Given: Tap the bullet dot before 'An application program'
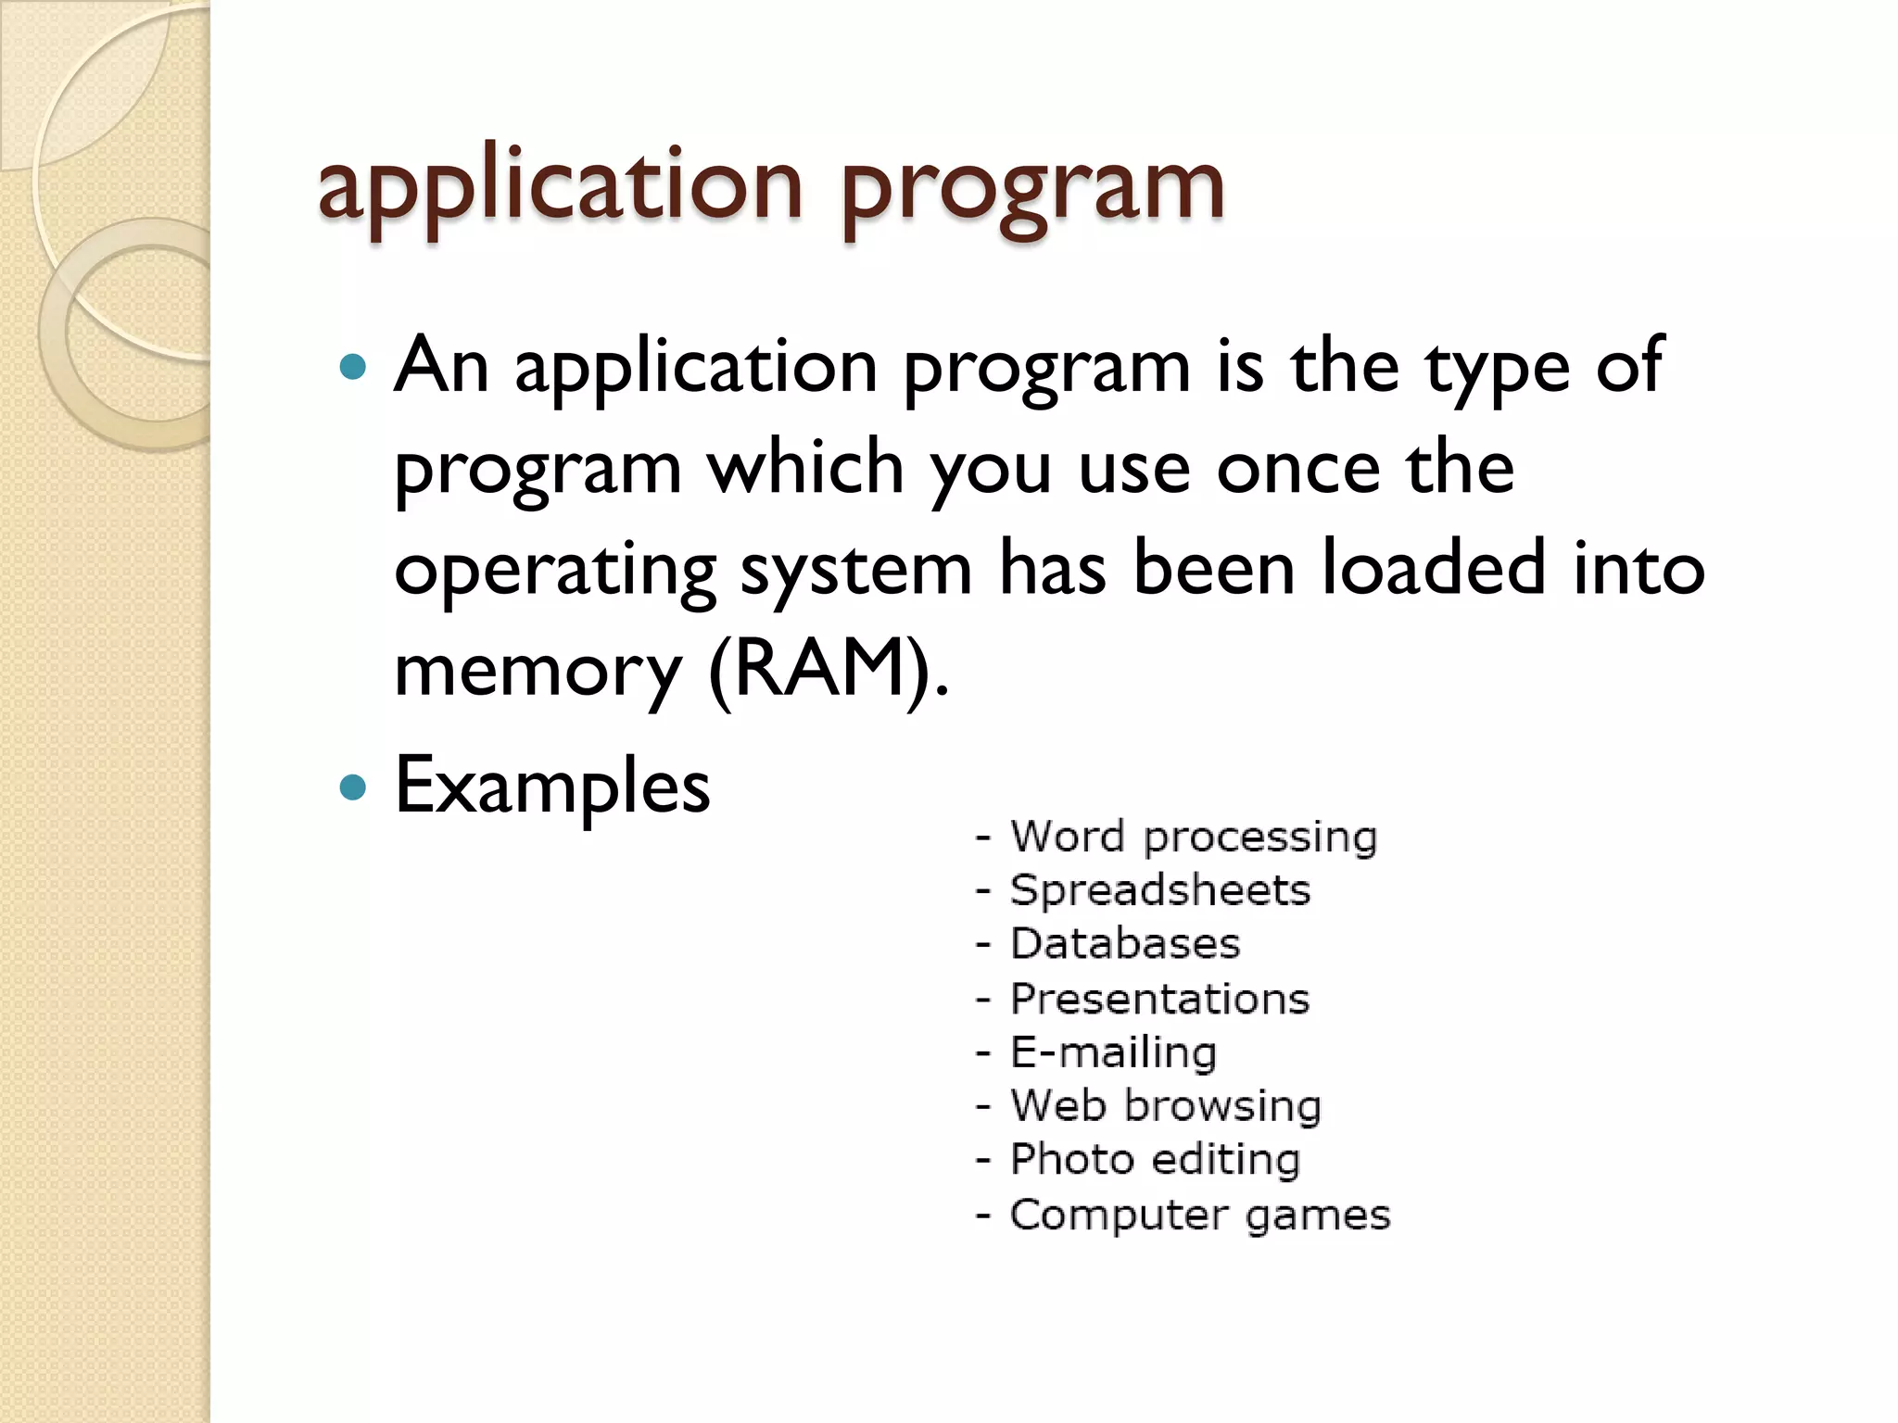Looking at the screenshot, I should pyautogui.click(x=353, y=368).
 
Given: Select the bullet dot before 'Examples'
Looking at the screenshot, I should pyautogui.click(x=353, y=787).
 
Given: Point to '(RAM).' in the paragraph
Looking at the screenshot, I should pyautogui.click(x=829, y=669).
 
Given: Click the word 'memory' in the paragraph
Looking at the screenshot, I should pyautogui.click(x=538, y=669).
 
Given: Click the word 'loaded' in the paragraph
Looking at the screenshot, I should pyautogui.click(x=1433, y=568).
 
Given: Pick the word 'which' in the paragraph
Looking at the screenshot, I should pyautogui.click(x=805, y=468).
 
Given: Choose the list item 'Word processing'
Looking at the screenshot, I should pyautogui.click(x=1193, y=837).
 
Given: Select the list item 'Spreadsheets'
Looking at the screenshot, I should pyautogui.click(x=1159, y=890).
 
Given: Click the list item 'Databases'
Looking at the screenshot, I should pyautogui.click(x=1124, y=944).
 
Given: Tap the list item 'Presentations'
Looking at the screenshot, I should pyautogui.click(x=1159, y=999).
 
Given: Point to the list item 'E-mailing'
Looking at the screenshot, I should pyautogui.click(x=1113, y=1052).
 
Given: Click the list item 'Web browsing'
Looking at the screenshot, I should pyautogui.click(x=1165, y=1105).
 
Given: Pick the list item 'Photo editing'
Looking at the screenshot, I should pyautogui.click(x=1155, y=1159).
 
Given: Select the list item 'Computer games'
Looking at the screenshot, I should pyautogui.click(x=1199, y=1214).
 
